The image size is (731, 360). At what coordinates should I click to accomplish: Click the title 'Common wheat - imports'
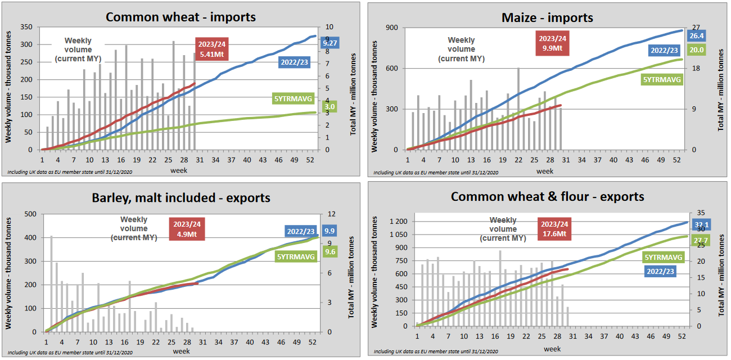181,16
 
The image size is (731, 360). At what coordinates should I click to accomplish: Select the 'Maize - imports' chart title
547,17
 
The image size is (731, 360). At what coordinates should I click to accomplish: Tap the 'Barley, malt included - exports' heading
181,197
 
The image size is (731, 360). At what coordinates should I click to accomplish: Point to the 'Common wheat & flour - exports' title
547,196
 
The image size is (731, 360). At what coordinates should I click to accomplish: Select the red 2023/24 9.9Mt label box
553,43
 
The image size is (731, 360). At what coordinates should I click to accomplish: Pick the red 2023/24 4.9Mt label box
187,229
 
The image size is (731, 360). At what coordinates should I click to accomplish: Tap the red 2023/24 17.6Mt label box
554,229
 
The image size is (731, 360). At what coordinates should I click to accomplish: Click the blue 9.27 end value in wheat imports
330,43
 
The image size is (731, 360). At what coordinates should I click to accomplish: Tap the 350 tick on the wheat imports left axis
26,27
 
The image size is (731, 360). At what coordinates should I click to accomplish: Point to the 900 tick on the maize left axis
392,28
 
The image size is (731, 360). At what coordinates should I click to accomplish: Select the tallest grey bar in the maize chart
518,109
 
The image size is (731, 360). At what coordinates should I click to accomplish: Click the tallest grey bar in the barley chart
51,283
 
